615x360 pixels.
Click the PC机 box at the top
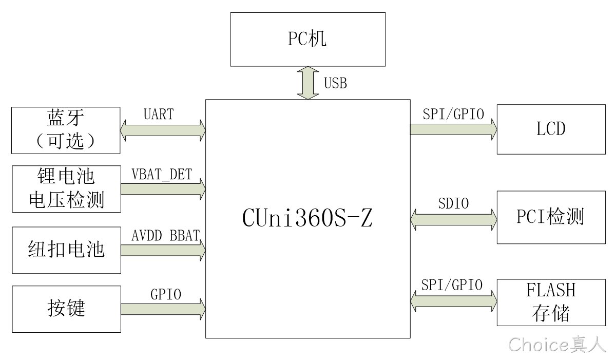[307, 39]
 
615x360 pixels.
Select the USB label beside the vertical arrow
[335, 83]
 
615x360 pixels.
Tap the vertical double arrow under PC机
[308, 83]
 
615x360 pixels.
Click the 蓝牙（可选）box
[66, 130]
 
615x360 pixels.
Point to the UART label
[159, 114]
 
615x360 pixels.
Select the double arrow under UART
[162, 130]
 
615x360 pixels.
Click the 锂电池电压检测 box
[66, 189]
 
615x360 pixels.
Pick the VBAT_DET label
[162, 174]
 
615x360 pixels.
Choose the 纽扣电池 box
[66, 250]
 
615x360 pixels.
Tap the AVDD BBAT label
[165, 235]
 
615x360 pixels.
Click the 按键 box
[66, 309]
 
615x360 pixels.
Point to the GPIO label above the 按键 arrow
[165, 294]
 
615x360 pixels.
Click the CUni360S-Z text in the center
[307, 218]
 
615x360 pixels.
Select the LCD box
[551, 129]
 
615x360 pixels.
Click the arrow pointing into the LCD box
[453, 129]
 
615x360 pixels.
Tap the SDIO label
[453, 203]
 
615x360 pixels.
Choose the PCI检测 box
[551, 217]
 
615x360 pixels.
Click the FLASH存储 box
[551, 302]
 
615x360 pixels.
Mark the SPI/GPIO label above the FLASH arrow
[452, 285]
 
